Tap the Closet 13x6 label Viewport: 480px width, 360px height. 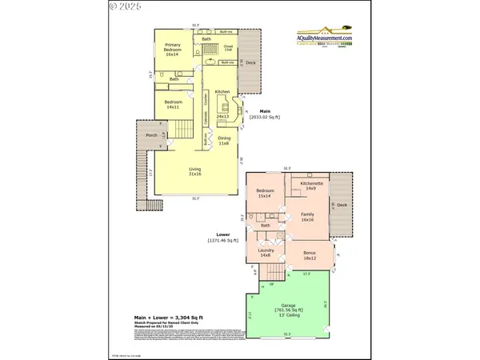click(x=226, y=49)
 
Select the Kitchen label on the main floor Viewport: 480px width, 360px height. click(x=222, y=93)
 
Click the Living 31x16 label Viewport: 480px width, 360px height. click(x=194, y=173)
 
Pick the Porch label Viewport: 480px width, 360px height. click(x=150, y=136)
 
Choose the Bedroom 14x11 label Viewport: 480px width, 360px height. click(x=174, y=104)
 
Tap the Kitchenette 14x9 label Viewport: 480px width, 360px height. click(x=311, y=186)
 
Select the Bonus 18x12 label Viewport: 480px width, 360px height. click(x=310, y=256)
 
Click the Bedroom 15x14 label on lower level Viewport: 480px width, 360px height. click(x=266, y=193)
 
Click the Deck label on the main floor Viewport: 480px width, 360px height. click(x=250, y=62)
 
